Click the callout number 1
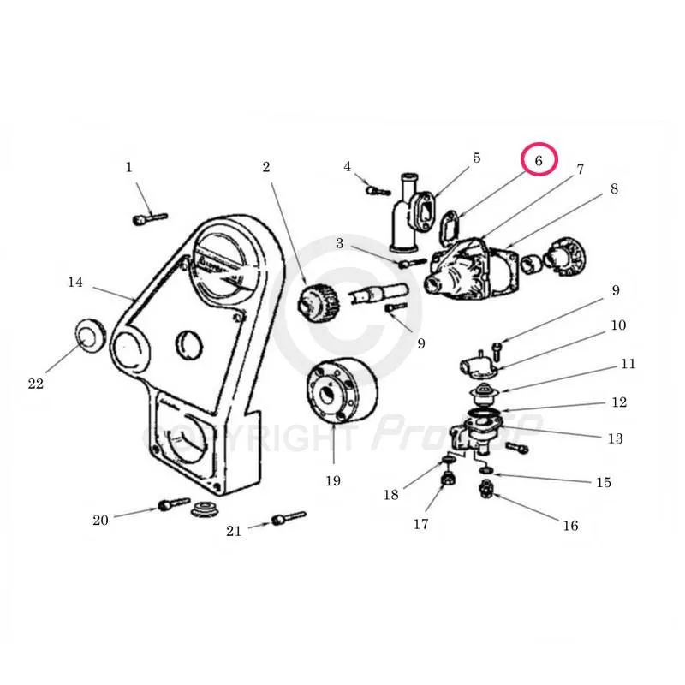(129, 167)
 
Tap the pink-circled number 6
(539, 160)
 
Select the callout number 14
(75, 281)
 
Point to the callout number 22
(35, 384)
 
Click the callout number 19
(332, 480)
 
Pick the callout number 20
(101, 520)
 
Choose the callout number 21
(234, 531)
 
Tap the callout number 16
(570, 526)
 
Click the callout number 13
(615, 438)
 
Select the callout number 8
(614, 189)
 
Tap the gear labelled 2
(317, 300)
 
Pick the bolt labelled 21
(288, 519)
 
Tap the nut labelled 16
(485, 491)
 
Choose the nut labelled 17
(446, 479)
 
